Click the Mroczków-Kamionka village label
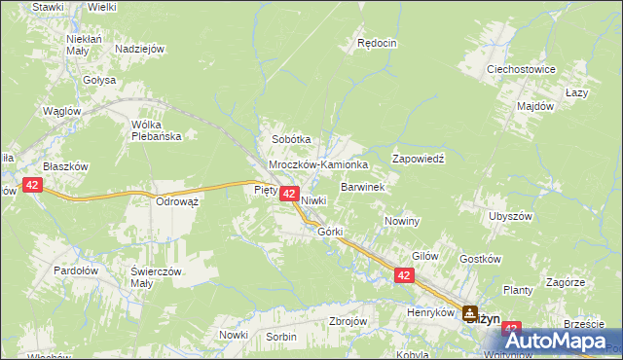(x=318, y=165)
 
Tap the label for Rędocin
(x=377, y=43)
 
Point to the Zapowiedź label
(x=418, y=158)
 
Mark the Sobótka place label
(x=291, y=139)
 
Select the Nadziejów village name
(x=138, y=49)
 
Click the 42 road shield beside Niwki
(x=289, y=195)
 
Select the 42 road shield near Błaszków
(x=32, y=185)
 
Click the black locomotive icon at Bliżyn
(x=471, y=313)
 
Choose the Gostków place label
(x=479, y=259)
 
